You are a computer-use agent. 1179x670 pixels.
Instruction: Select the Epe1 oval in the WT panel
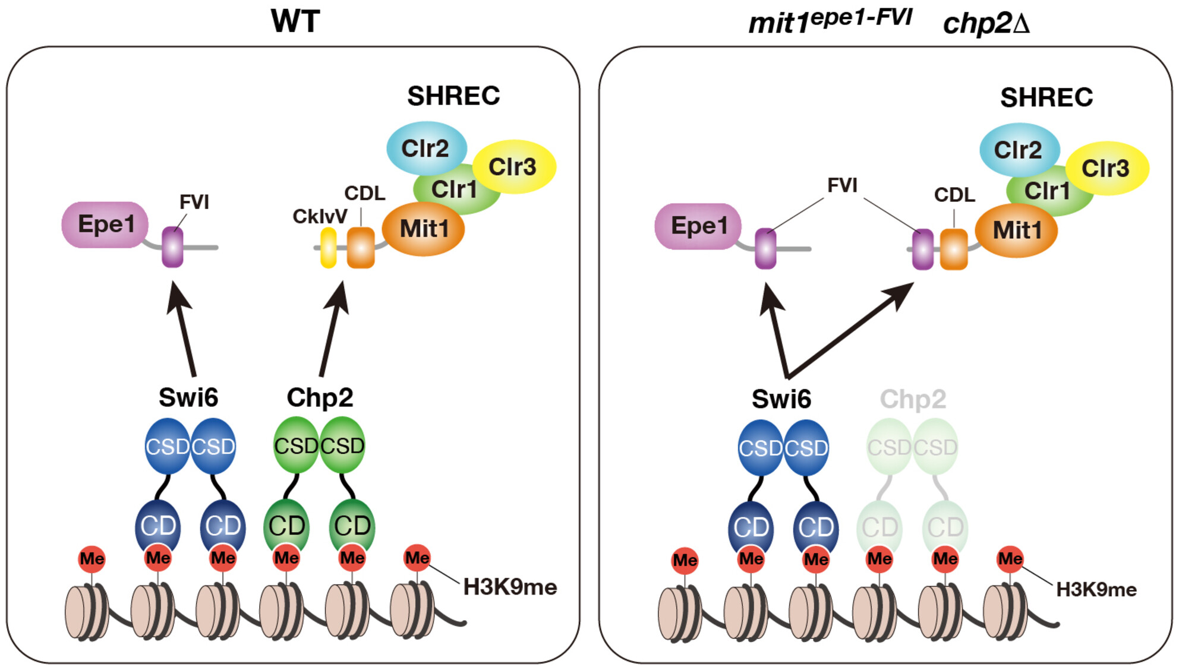point(105,225)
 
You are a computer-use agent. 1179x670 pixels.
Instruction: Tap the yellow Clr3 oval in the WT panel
point(513,167)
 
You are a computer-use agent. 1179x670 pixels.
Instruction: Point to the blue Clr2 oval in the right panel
point(1019,150)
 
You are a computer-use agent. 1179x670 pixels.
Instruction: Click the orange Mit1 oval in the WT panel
point(423,229)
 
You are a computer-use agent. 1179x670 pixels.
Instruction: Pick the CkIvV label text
point(320,217)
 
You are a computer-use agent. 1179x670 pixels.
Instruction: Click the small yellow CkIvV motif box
point(328,248)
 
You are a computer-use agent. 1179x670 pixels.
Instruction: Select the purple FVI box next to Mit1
point(922,249)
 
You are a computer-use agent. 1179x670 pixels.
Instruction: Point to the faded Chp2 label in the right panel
point(913,399)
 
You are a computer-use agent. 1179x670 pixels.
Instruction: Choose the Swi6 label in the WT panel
point(188,397)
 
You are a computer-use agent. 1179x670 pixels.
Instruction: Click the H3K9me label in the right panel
point(1096,590)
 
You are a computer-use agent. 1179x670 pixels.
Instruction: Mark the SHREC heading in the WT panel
point(453,96)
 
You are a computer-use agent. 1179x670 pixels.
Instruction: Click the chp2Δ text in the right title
point(986,24)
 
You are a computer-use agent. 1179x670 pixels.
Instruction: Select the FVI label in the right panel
point(842,185)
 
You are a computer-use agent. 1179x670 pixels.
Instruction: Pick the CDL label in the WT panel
point(364,193)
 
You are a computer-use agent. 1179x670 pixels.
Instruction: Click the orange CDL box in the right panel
point(954,249)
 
